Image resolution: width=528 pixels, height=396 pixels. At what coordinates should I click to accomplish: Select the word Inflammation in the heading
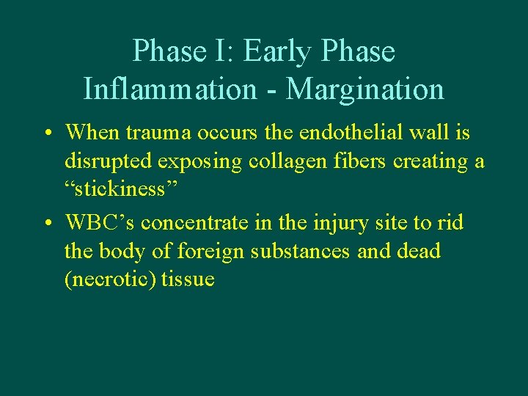[x=169, y=89]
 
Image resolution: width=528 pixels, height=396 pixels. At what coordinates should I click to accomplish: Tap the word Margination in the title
[x=365, y=89]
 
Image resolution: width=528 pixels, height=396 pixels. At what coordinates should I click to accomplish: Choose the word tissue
[x=188, y=279]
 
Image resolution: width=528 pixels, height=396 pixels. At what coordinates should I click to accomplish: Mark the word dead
[x=417, y=251]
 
